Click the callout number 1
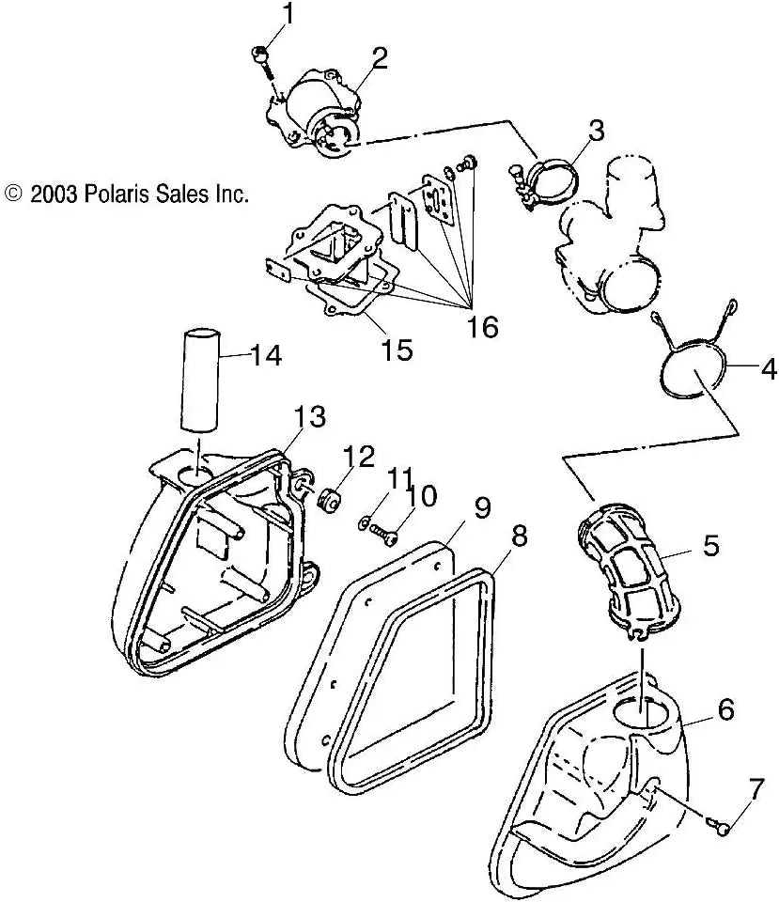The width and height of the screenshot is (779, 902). point(288,13)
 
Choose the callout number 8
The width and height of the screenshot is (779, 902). point(519,537)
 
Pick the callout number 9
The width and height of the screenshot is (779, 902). point(481,508)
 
